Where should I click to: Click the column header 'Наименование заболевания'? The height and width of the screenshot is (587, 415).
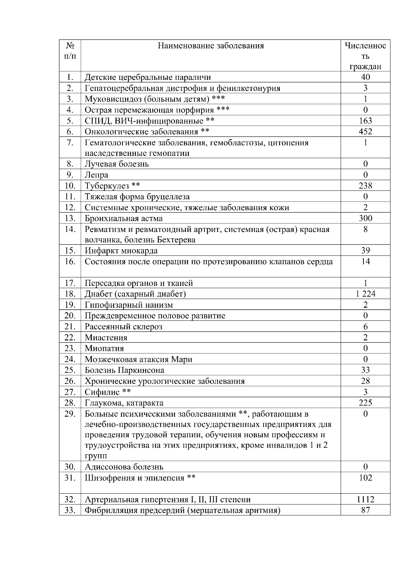[x=211, y=46]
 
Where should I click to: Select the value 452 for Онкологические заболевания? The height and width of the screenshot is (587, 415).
[x=365, y=131]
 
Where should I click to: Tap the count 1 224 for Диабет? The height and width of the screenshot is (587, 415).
[x=365, y=294]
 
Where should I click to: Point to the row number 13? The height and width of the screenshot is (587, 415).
[x=70, y=218]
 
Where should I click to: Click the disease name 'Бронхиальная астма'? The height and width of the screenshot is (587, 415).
[x=123, y=218]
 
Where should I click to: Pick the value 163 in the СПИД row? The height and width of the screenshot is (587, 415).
[x=365, y=121]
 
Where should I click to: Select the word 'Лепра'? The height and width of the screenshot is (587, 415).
[x=96, y=175]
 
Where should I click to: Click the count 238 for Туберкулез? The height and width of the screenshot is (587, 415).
[x=365, y=186]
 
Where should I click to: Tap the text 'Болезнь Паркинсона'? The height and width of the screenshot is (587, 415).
[x=124, y=370]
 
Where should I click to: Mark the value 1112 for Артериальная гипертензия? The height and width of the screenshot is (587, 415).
[x=365, y=500]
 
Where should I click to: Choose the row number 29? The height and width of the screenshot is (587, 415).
[x=70, y=414]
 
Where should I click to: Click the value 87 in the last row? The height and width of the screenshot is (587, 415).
[x=365, y=510]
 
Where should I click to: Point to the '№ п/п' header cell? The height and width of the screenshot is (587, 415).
[x=70, y=50]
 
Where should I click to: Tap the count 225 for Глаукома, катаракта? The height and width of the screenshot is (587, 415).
[x=365, y=403]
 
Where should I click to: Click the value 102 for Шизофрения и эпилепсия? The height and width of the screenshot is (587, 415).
[x=365, y=478]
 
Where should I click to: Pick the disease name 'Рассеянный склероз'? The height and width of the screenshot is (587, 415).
[x=123, y=327]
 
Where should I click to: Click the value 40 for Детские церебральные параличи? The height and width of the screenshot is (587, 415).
[x=365, y=77]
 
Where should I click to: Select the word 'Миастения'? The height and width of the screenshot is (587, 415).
[x=106, y=337]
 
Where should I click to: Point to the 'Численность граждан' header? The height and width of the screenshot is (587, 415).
[x=365, y=56]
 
